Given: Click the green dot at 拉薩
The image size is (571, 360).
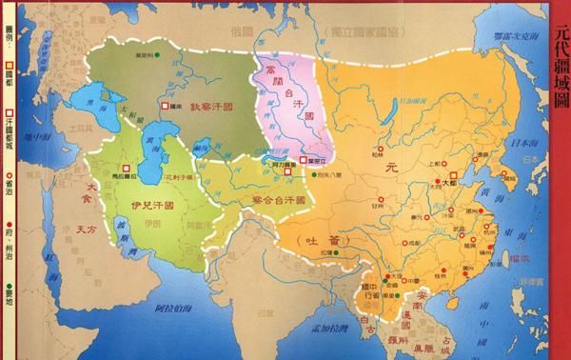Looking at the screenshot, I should click(x=334, y=255).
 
